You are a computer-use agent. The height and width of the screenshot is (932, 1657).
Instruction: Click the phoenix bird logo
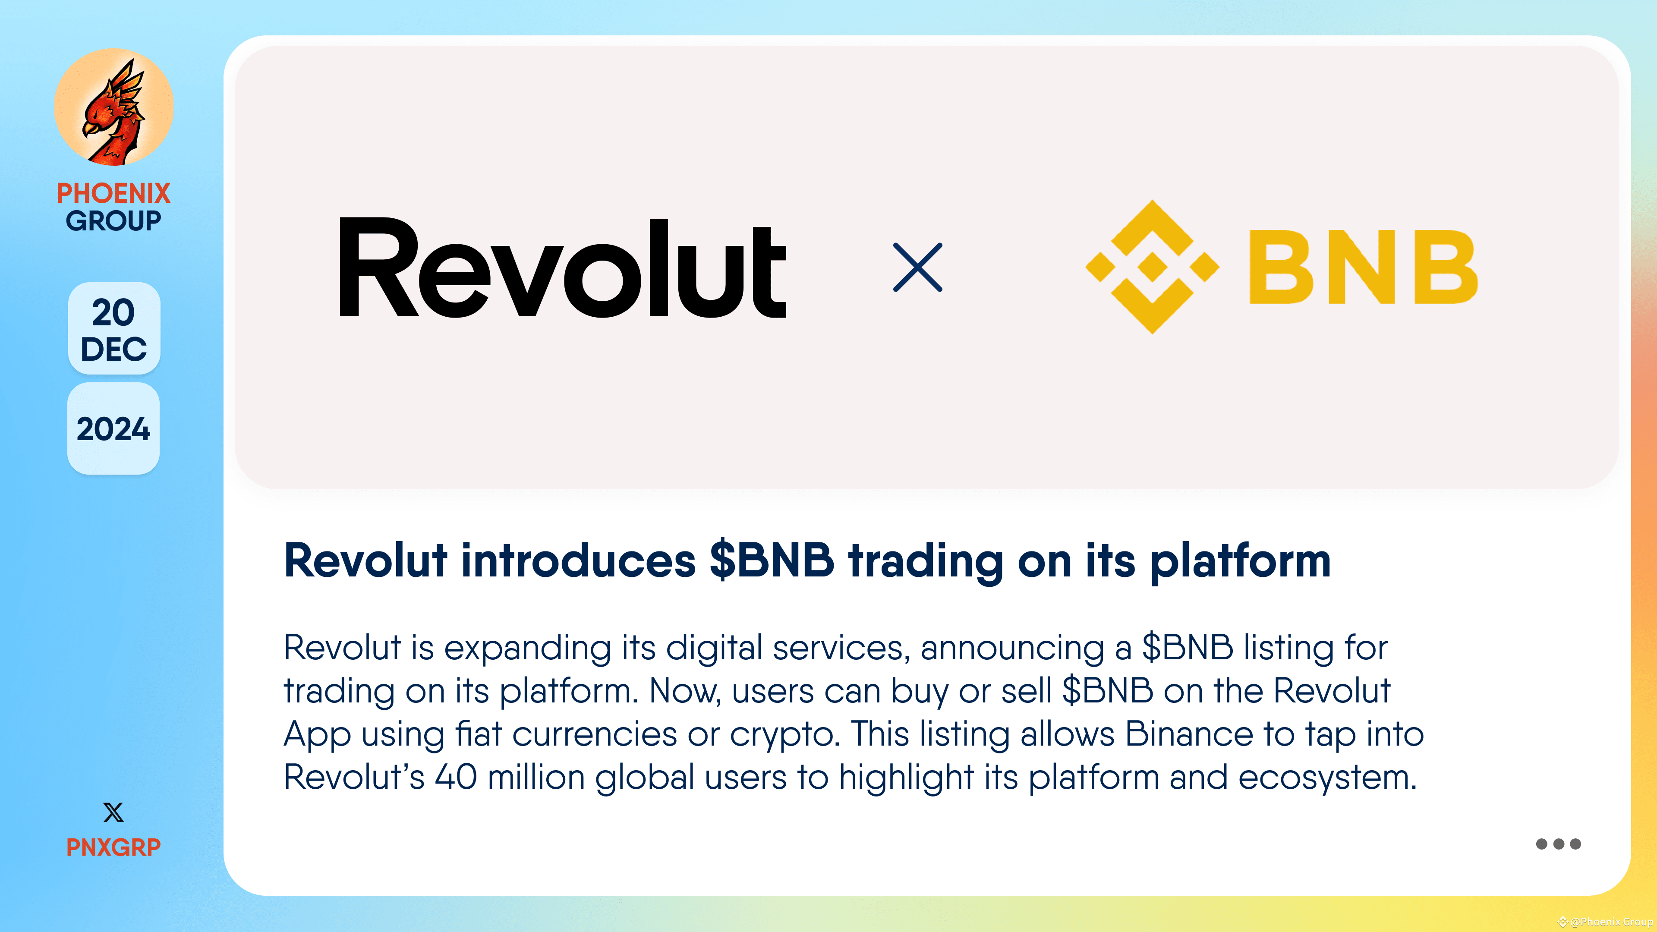coord(114,107)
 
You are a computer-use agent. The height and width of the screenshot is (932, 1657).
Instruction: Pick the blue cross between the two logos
coord(918,268)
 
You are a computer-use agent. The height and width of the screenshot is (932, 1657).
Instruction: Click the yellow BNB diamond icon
coord(1152,267)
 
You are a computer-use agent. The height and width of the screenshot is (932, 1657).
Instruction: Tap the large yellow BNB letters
coord(1362,268)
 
